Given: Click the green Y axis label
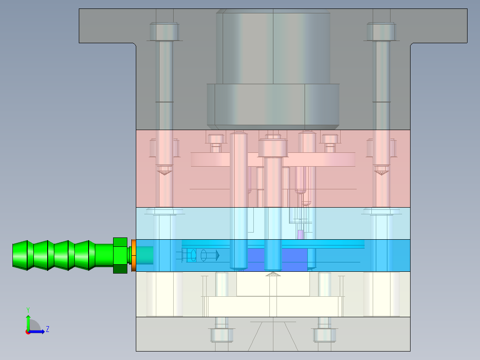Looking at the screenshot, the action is pos(28,310).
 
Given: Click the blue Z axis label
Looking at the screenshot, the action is pos(48,329).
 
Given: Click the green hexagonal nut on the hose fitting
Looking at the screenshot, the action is pos(120,255).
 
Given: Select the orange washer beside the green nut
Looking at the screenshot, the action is pos(134,255).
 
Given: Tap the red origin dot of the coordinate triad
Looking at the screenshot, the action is pos(28,332).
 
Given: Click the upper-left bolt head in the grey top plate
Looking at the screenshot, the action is pos(164,32).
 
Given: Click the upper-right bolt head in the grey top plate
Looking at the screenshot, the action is pos(381,32).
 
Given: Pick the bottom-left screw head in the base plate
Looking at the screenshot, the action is pos(222,335).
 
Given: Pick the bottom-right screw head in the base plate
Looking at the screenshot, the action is pos(325,335).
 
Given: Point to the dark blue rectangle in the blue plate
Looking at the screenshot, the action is pos(277,259).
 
